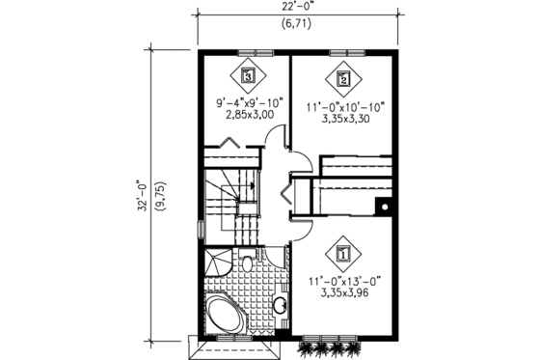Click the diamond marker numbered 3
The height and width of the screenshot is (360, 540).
pos(249,73)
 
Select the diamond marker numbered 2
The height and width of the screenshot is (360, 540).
pos(342,74)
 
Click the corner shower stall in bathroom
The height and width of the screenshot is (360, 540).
pos(216,260)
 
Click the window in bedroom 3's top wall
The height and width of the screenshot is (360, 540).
pos(249,50)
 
